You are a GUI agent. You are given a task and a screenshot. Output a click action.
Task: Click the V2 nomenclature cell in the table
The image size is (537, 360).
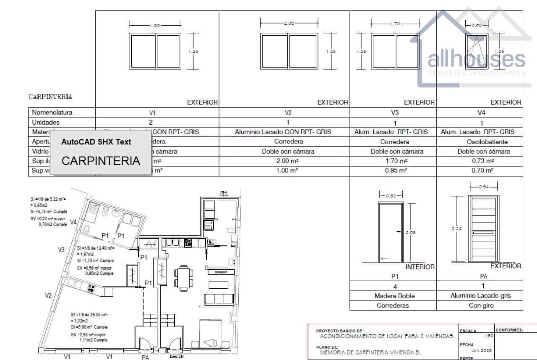(288, 112)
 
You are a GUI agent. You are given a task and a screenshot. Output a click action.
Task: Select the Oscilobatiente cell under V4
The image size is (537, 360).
(481, 142)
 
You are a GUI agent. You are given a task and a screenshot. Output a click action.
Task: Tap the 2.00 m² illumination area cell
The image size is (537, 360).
(288, 161)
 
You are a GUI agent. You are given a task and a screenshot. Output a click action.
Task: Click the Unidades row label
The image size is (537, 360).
(46, 123)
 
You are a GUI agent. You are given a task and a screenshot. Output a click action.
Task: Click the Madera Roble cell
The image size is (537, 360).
(394, 296)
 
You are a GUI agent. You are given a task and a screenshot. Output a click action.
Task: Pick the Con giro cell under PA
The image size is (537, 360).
(481, 305)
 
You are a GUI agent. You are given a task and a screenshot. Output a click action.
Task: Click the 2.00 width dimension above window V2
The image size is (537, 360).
(289, 23)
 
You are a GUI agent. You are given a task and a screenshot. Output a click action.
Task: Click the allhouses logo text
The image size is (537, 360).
(476, 60)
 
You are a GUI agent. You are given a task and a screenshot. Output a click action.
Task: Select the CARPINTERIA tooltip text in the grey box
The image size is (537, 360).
(101, 160)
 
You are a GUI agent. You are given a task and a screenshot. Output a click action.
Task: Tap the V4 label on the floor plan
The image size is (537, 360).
(73, 222)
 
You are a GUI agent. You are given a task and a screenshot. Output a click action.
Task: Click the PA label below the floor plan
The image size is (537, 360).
(145, 357)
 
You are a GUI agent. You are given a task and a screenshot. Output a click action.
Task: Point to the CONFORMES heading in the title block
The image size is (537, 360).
(509, 330)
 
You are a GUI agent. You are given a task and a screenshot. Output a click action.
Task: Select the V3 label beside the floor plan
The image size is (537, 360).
(61, 250)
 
